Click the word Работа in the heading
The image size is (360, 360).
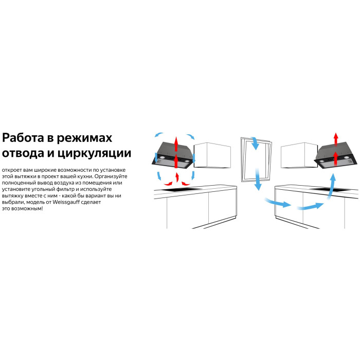coord(23,138)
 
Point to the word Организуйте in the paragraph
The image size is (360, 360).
coord(111,176)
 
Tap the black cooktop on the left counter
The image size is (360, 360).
coord(181,190)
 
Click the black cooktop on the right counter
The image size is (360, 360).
coord(330,189)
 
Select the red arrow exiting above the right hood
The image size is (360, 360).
coord(336,139)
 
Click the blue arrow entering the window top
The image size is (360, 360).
coord(255,143)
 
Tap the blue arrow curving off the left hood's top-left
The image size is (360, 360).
coord(158,134)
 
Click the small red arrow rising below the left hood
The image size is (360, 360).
coord(177,177)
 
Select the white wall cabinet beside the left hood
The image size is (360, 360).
coord(212,155)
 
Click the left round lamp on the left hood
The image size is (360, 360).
coord(162,158)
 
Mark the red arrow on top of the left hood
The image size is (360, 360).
coord(176,143)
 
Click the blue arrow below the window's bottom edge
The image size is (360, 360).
coord(258,179)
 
